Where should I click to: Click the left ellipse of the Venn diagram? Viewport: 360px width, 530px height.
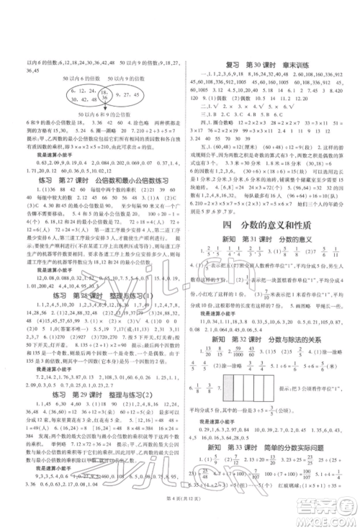(68, 96)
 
